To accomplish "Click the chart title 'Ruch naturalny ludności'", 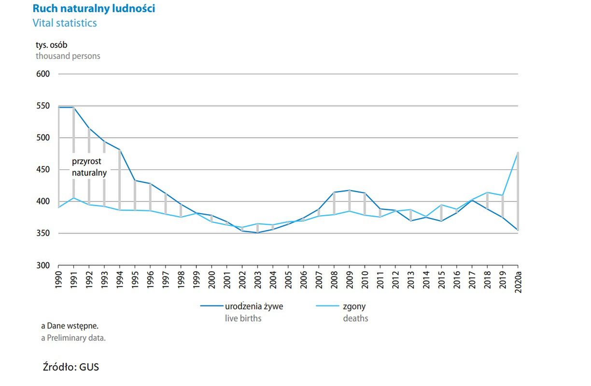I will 94,9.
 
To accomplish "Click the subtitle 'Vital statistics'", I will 65,23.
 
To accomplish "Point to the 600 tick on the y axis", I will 43,74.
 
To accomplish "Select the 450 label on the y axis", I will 43,170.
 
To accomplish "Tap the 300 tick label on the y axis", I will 43,265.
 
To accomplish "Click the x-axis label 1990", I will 58,280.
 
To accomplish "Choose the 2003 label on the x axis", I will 257,280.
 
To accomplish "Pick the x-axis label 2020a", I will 518,281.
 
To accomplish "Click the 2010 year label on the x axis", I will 365,280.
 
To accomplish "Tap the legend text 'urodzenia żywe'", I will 254,306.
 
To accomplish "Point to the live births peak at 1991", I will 73,107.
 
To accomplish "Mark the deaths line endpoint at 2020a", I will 518,153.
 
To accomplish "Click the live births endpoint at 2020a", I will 518,230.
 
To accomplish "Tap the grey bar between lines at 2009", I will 349,200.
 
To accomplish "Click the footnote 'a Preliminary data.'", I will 73,338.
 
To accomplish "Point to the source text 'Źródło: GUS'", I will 71,367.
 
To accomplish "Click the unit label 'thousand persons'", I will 68,56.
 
